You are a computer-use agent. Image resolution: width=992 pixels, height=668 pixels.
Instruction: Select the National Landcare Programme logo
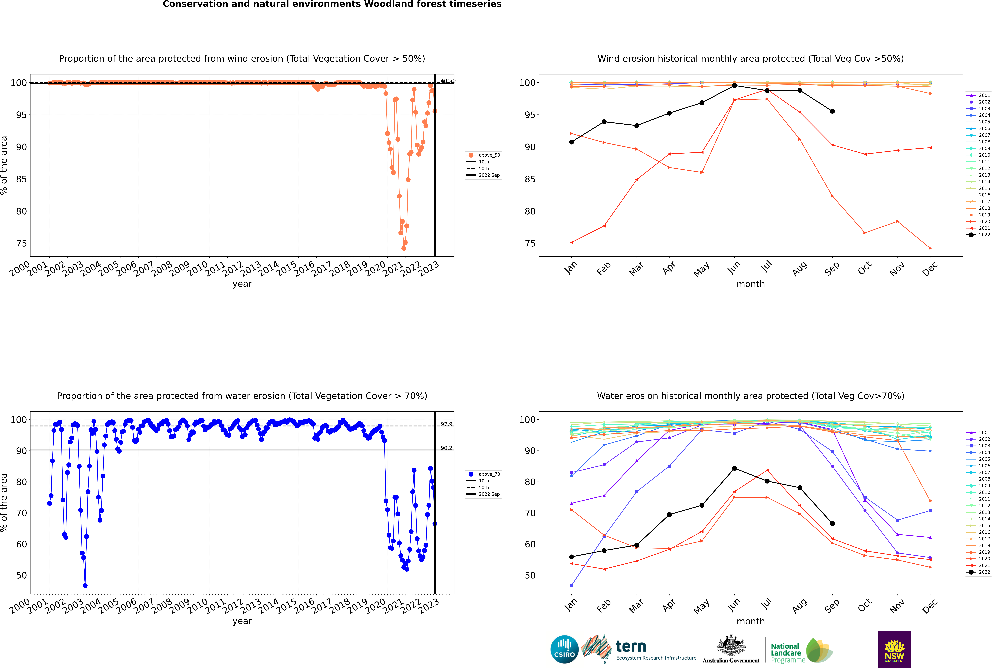[x=801, y=651]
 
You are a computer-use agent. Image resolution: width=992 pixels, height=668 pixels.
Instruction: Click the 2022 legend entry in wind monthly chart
[x=979, y=235]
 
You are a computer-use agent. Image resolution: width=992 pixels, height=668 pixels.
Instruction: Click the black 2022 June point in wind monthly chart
[x=734, y=86]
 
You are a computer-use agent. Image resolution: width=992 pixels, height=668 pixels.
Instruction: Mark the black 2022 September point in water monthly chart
[x=832, y=524]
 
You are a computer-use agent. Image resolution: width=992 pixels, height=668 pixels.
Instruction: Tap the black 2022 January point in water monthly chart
[x=572, y=557]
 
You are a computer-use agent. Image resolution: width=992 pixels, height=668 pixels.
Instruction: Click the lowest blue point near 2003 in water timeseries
[x=85, y=585]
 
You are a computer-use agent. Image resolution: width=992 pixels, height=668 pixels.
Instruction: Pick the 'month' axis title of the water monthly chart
[x=751, y=621]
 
